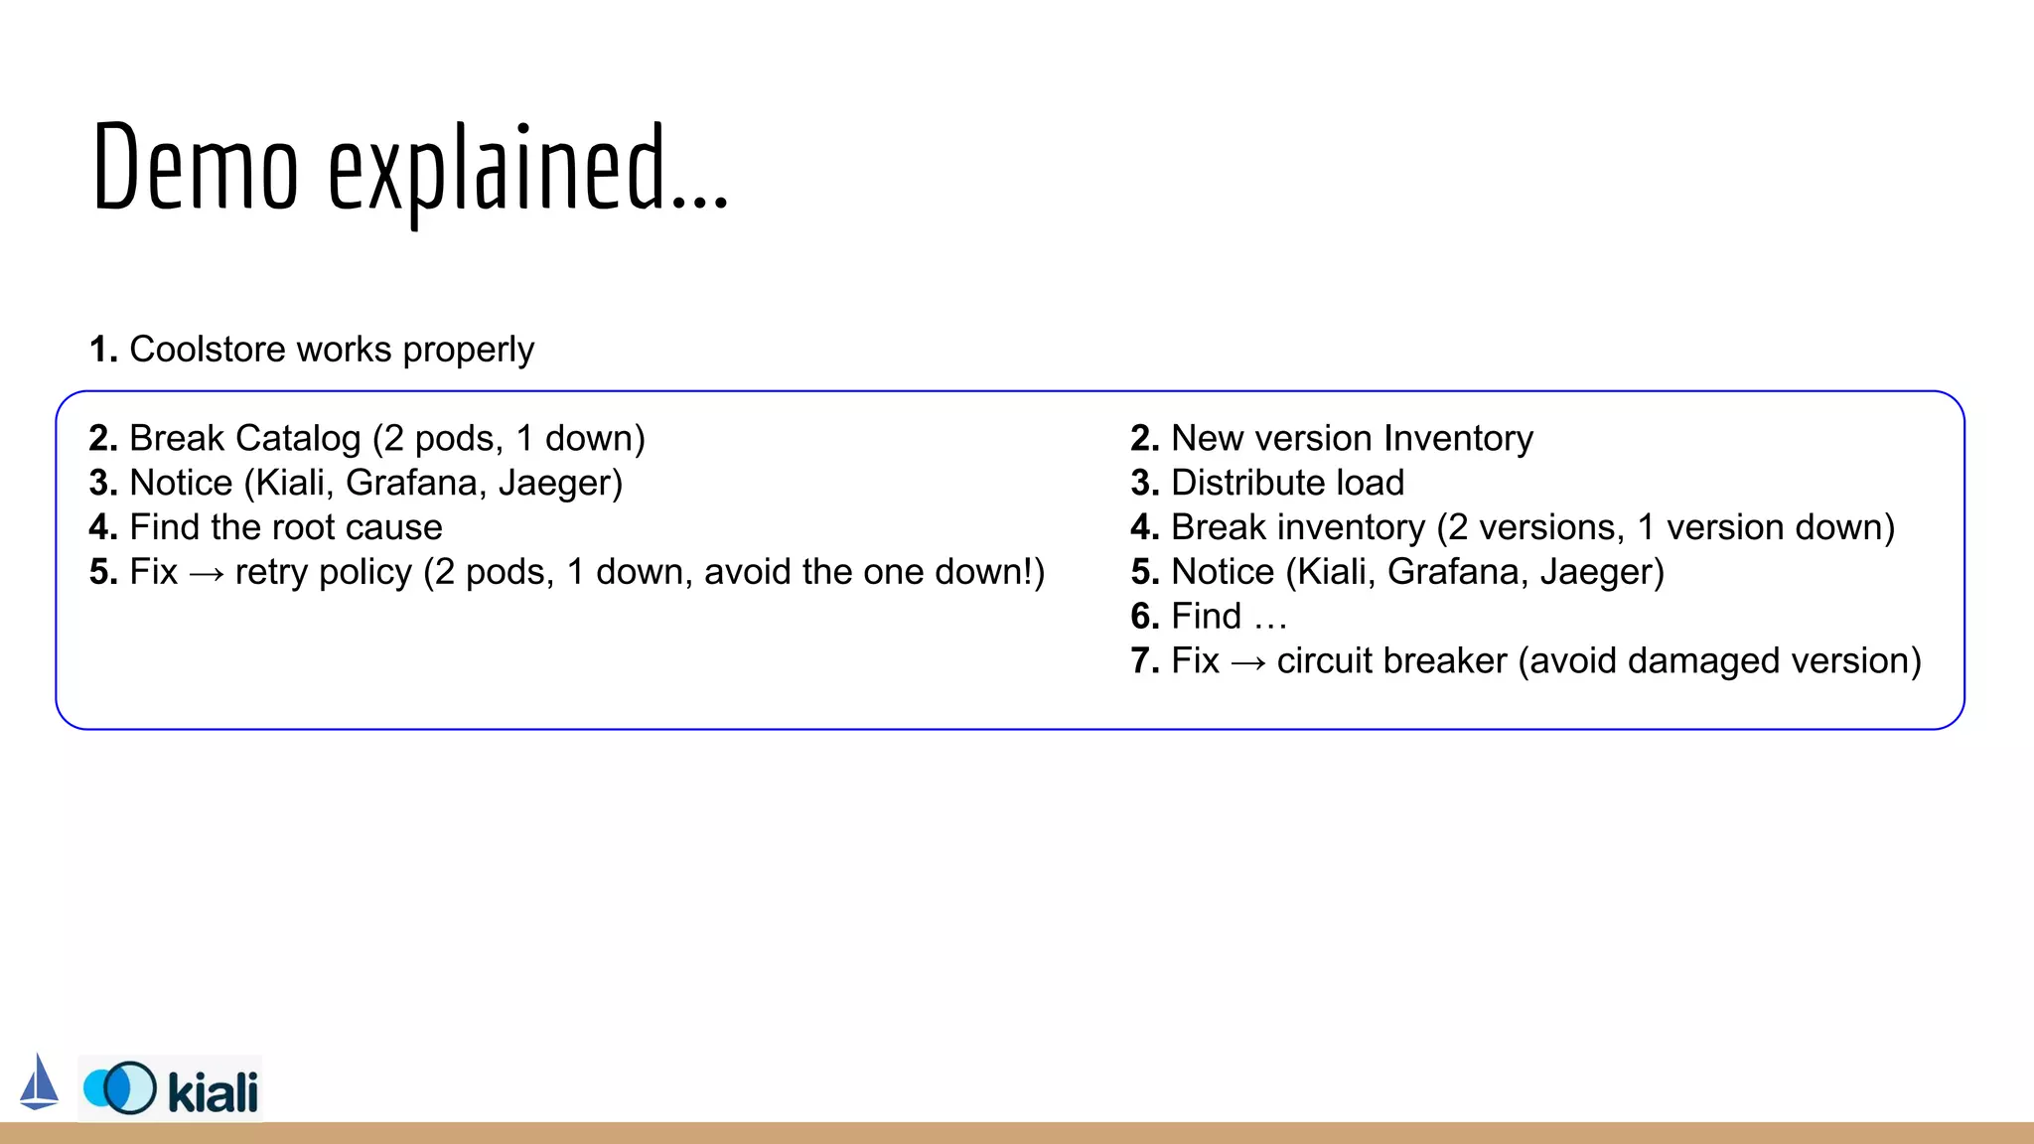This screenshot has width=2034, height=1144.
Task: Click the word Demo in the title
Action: (195, 167)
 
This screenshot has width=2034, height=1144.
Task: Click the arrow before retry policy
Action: (206, 574)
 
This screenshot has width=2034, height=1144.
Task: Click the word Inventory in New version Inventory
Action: (1458, 438)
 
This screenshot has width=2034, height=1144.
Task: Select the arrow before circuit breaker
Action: (1247, 662)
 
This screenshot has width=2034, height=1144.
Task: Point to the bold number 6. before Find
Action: (1145, 617)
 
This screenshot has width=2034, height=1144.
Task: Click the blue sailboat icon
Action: (39, 1082)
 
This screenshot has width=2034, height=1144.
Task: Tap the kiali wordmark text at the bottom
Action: (213, 1091)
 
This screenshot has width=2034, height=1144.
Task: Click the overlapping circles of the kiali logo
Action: (120, 1088)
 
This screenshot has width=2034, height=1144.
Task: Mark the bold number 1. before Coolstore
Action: (103, 350)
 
